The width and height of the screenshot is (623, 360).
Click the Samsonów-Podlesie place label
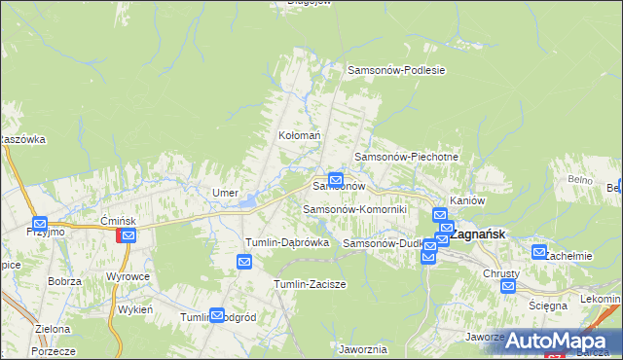point(396,70)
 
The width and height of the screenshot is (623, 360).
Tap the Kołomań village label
point(299,136)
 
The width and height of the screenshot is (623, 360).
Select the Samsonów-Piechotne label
point(406,157)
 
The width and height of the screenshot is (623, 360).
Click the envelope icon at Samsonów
point(336,179)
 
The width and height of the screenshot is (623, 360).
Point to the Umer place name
point(226,193)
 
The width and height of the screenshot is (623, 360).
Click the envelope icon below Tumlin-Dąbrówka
point(244,262)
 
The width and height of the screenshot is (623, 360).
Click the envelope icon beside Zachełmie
point(540,252)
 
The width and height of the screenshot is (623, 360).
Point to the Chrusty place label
point(502,273)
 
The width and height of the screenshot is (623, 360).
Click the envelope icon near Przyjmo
point(40,223)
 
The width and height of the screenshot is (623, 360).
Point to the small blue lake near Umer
point(249,201)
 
